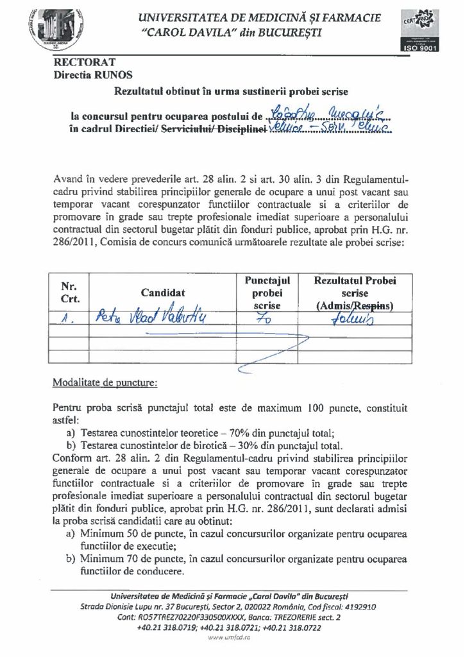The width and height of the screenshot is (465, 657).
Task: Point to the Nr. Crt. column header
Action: click(69, 293)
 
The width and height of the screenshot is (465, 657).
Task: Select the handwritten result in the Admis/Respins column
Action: click(354, 315)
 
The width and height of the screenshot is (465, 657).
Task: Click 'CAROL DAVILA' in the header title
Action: click(192, 31)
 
